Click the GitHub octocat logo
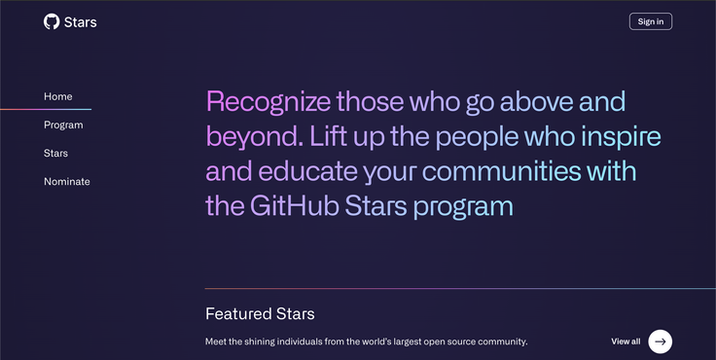coord(52,21)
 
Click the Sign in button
coord(650,21)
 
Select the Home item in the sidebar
coord(58,96)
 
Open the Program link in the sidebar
coord(63,125)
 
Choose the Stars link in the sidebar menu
coord(55,153)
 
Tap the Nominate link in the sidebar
coord(67,181)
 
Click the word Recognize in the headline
coord(268,101)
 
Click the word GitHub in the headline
coord(293,205)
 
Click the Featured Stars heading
coord(260,314)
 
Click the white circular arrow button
coord(661,341)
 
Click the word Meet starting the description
coord(216,342)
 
